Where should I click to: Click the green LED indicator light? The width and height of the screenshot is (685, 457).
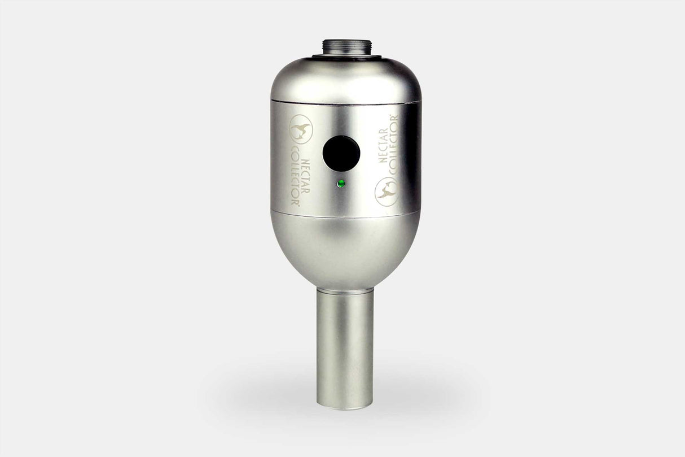[340, 184]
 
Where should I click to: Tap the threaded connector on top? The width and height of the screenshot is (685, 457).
[345, 47]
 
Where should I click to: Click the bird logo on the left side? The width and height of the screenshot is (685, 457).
[300, 129]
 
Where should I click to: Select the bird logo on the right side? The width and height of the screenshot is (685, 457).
[387, 191]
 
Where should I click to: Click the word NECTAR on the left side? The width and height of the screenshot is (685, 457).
[306, 176]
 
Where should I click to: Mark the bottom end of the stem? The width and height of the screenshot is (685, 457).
[345, 406]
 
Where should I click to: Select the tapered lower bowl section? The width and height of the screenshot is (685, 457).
[345, 249]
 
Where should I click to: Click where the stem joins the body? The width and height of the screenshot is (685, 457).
[345, 289]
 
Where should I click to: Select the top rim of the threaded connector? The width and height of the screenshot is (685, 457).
[345, 41]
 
